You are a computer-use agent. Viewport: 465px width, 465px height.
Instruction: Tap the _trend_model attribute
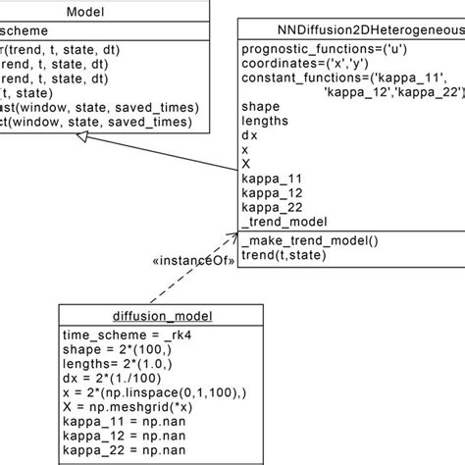(x=284, y=223)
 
